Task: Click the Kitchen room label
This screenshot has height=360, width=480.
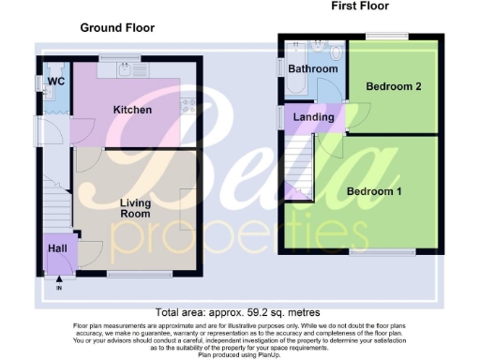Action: tap(132, 110)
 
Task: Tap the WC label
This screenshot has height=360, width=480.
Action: tap(54, 82)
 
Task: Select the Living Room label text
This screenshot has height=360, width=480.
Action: tap(136, 207)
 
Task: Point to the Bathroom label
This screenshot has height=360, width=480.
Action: tap(313, 68)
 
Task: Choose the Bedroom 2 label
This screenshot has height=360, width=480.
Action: tap(393, 86)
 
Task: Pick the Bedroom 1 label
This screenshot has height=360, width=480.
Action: tap(374, 191)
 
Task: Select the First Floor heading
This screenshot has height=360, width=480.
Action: tap(360, 7)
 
